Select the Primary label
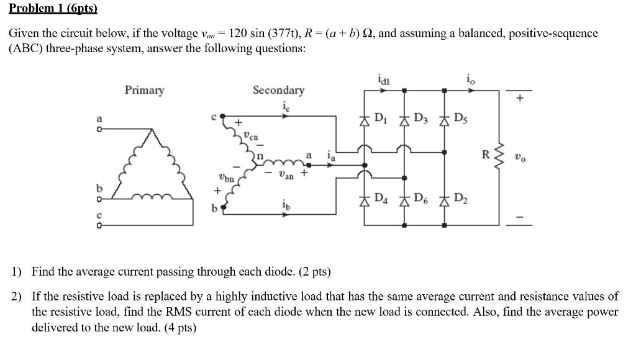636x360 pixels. [x=144, y=91]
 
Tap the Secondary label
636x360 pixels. [x=278, y=91]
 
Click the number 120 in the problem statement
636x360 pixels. [x=240, y=33]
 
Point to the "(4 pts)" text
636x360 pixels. [x=179, y=327]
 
